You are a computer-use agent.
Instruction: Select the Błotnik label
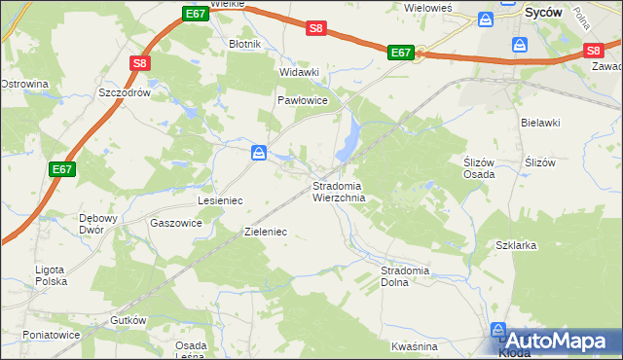pyautogui.click(x=243, y=44)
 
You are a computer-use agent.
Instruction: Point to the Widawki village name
pyautogui.click(x=299, y=72)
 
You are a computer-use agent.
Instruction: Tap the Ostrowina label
pyautogui.click(x=24, y=84)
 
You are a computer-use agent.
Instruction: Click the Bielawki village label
pyautogui.click(x=541, y=123)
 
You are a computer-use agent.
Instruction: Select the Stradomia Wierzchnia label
pyautogui.click(x=339, y=191)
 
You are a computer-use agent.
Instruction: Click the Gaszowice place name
pyautogui.click(x=176, y=223)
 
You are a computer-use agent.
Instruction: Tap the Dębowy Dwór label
pyautogui.click(x=96, y=223)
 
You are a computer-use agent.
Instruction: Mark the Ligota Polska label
pyautogui.click(x=49, y=274)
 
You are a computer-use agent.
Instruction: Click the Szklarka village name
pyautogui.click(x=517, y=246)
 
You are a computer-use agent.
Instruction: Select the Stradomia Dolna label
pyautogui.click(x=407, y=275)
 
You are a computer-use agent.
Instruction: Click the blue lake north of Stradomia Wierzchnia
pyautogui.click(x=346, y=142)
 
